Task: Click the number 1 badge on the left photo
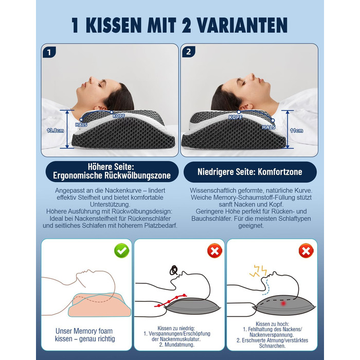click(49, 52)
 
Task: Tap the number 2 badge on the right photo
click(189, 52)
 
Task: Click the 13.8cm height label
click(56, 131)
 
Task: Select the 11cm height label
click(296, 131)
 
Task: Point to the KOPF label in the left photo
click(119, 116)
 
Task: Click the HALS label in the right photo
click(268, 127)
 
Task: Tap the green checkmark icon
click(122, 250)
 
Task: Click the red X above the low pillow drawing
click(214, 250)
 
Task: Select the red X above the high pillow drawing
click(306, 251)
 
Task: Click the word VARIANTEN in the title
click(242, 25)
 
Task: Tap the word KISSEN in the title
click(114, 25)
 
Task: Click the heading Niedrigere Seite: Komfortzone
click(250, 172)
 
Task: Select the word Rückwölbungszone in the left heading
click(137, 175)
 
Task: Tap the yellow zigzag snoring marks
click(258, 271)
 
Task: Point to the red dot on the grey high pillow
click(283, 303)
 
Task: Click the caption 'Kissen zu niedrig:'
click(176, 328)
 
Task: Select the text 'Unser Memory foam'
click(84, 331)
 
